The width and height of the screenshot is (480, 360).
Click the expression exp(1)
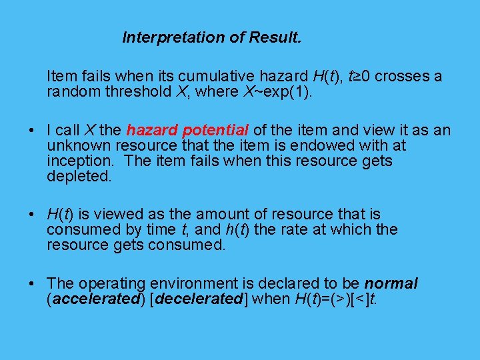(x=287, y=92)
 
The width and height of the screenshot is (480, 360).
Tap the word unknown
(x=79, y=145)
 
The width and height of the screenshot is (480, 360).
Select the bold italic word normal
(x=391, y=284)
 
